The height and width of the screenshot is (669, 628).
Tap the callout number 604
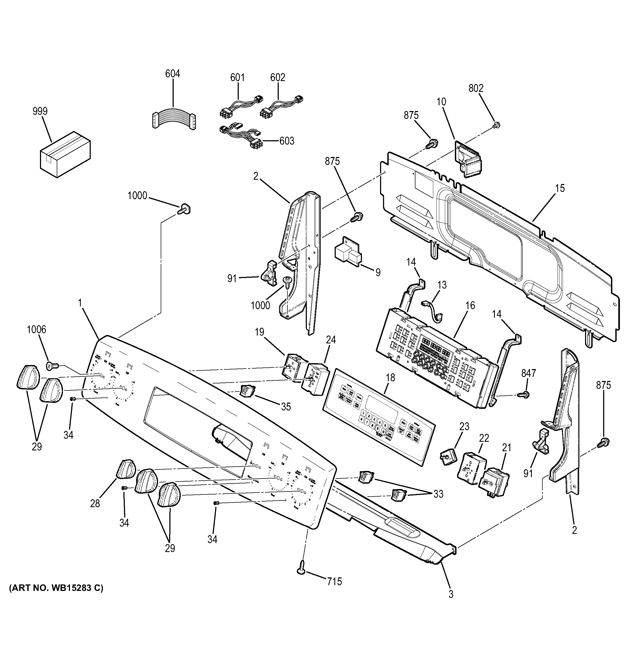pyautogui.click(x=172, y=73)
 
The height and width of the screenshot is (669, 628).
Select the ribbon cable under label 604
pyautogui.click(x=173, y=119)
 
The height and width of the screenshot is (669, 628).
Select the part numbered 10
pyautogui.click(x=468, y=159)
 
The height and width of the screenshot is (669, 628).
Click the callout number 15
pyautogui.click(x=560, y=188)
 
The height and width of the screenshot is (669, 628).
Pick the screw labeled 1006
pyautogui.click(x=52, y=365)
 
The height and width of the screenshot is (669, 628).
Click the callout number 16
pyautogui.click(x=470, y=305)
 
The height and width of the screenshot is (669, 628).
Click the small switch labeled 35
pyautogui.click(x=247, y=390)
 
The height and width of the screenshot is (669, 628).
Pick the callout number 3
pyautogui.click(x=451, y=594)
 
